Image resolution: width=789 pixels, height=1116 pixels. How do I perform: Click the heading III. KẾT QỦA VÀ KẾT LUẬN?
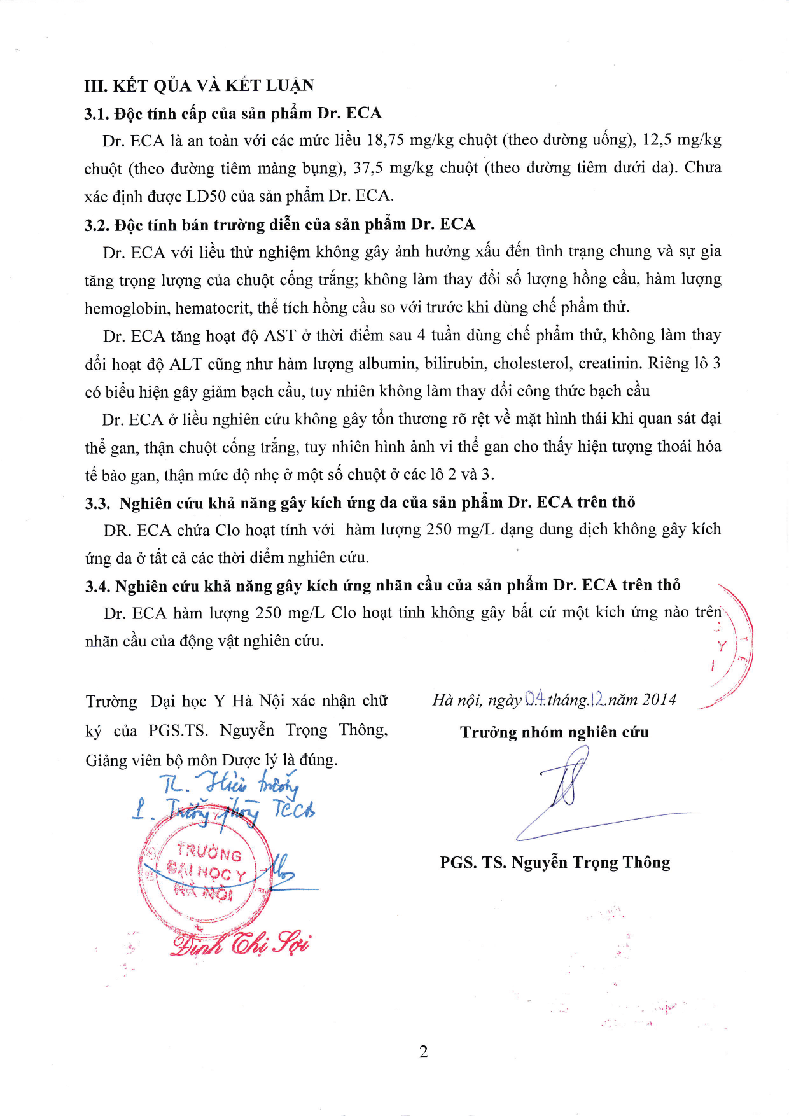[199, 86]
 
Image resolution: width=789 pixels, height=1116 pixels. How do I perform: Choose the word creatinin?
[610, 364]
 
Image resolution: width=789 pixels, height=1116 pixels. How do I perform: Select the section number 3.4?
[98, 587]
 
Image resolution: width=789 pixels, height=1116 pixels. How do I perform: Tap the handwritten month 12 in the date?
[597, 699]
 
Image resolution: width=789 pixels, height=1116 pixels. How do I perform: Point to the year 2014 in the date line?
[659, 700]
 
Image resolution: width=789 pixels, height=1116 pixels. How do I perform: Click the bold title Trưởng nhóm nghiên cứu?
[554, 732]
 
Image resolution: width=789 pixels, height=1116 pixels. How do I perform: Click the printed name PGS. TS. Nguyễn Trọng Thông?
[555, 863]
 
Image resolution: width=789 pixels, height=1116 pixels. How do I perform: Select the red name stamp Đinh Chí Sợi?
[241, 944]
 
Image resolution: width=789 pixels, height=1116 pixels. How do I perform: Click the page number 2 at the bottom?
[424, 1052]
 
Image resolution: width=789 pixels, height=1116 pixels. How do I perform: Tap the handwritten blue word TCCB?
[293, 809]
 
